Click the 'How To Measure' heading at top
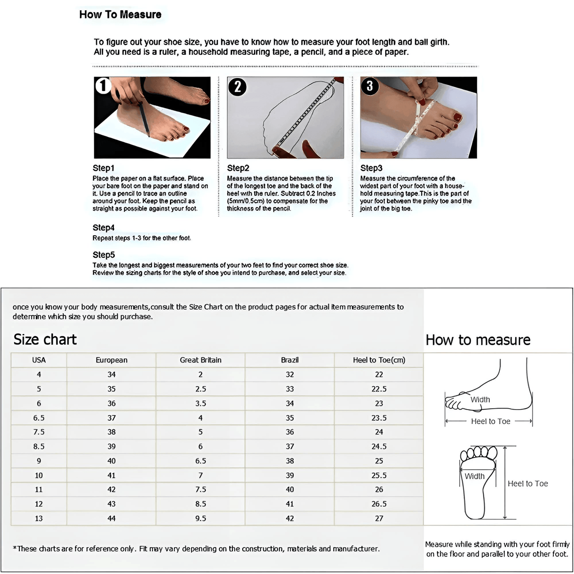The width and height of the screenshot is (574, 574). pos(120,15)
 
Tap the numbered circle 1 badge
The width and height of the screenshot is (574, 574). pos(103,85)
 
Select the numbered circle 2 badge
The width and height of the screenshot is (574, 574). pos(237,86)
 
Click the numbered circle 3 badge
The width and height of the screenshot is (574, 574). pos(370,86)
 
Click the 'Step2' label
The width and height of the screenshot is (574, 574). pos(238,168)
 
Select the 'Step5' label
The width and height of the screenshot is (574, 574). pos(104,255)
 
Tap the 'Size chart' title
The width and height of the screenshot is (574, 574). pos(45,340)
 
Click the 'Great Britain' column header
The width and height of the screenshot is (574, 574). pos(200,360)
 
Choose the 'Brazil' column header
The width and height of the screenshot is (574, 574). pos(290,360)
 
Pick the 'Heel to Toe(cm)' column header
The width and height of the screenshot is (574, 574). pos(379,360)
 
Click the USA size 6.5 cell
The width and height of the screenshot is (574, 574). pos(39,418)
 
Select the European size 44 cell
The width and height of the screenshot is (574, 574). pos(112,518)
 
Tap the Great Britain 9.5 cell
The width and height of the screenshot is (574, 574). pos(200,518)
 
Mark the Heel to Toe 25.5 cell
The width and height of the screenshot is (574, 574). pos(379,475)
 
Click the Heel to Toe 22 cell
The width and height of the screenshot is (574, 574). pos(379,375)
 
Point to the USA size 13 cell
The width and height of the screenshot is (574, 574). pos(39,518)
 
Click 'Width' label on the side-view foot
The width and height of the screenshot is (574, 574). pos(480,400)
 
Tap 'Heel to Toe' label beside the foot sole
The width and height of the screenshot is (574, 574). pos(528,484)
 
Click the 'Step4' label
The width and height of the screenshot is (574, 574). pos(104,228)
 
